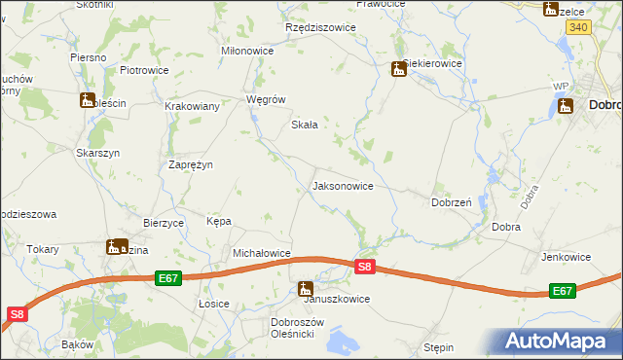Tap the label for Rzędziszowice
pos(320,28)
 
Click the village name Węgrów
pos(266,99)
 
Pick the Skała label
pos(306,125)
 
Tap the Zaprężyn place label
pos(191,164)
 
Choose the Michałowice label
pos(262,253)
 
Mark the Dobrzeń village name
pos(452,202)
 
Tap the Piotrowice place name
pos(144,70)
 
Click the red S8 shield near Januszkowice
pos(364,266)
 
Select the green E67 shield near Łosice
pos(168,278)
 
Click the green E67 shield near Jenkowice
pos(562,291)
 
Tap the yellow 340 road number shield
pos(578,27)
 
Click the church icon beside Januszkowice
pos(306,288)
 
